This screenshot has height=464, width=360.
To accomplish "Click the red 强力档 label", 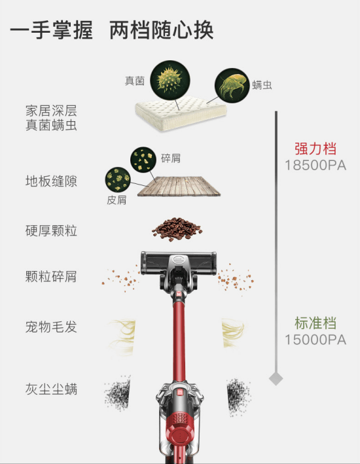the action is click(x=315, y=149).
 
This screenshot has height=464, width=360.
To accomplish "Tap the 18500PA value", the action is click(x=315, y=166).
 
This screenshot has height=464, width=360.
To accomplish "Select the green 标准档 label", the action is click(x=315, y=323).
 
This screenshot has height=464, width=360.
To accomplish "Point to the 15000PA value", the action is click(x=315, y=340).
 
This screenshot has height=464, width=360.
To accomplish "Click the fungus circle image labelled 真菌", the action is click(x=170, y=80).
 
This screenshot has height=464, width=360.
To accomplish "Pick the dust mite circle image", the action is click(x=232, y=86).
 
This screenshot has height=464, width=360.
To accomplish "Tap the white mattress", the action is click(x=181, y=113).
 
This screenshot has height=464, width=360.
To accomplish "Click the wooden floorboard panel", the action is click(x=179, y=186).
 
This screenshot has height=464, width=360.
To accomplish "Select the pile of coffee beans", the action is click(x=177, y=229).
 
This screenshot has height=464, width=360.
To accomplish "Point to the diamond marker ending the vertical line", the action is click(x=276, y=378).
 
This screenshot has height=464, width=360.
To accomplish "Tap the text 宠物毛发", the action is click(x=51, y=327).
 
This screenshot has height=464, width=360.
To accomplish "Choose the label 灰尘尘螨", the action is click(x=51, y=389).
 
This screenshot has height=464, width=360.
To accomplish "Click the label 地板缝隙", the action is click(x=51, y=181).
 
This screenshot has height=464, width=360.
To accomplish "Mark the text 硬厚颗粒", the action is click(x=51, y=230).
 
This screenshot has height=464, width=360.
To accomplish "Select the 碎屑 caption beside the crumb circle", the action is click(x=171, y=158).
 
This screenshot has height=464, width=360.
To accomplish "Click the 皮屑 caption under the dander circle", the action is click(x=117, y=200).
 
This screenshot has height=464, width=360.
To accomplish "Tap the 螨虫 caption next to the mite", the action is click(x=262, y=85).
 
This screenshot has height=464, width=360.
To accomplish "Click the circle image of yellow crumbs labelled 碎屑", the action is click(x=143, y=160).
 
